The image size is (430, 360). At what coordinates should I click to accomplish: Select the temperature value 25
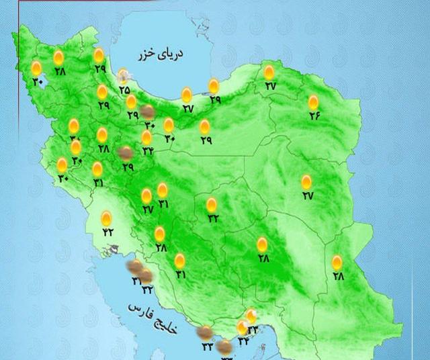[124, 89]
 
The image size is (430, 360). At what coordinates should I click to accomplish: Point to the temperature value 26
[314, 116]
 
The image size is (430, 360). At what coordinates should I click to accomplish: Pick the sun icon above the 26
[314, 102]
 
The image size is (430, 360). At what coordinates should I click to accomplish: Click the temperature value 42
[107, 232]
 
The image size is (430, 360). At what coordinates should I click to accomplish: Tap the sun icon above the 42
[106, 218]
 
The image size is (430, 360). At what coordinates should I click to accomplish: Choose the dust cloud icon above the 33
[204, 332]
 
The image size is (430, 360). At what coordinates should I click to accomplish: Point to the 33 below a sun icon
[253, 329]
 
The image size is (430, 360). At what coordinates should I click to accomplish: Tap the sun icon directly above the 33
[251, 316]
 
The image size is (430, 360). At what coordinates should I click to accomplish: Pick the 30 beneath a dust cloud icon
[149, 126]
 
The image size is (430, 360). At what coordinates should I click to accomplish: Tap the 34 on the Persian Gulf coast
[243, 341]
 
